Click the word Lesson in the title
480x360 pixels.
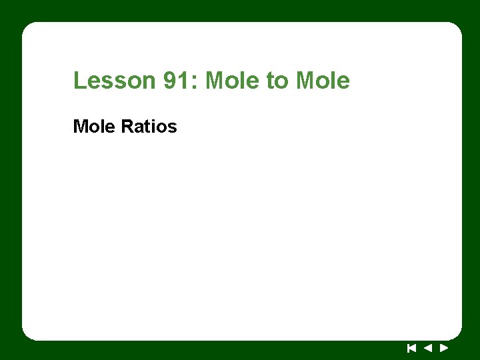click(x=114, y=81)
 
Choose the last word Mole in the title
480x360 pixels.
click(x=322, y=81)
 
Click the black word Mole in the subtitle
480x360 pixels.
click(x=94, y=126)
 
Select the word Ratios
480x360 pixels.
click(x=149, y=126)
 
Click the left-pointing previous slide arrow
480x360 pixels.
click(x=427, y=347)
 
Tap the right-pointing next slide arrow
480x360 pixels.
click(x=443, y=347)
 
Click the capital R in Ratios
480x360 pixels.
click(x=127, y=126)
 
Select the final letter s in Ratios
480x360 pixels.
click(x=173, y=127)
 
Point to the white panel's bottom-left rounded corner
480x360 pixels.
click(x=27, y=335)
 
